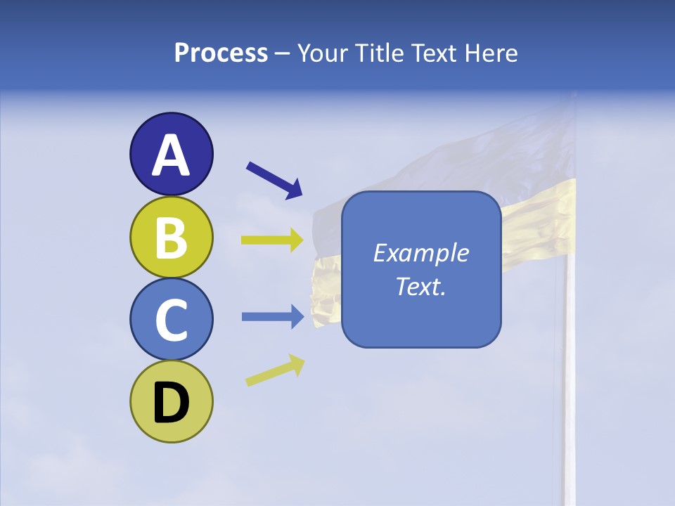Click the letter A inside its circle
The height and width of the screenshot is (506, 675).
coord(171,155)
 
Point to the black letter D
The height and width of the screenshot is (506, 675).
coord(171,403)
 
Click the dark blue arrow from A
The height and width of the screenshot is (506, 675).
coord(274,179)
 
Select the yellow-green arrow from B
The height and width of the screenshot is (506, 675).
coord(273,240)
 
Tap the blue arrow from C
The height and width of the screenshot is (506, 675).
coord(273,316)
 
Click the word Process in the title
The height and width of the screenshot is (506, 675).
coord(221,53)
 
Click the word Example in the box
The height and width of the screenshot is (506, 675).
coord(420,253)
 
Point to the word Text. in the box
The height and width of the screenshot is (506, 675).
coord(420,286)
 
